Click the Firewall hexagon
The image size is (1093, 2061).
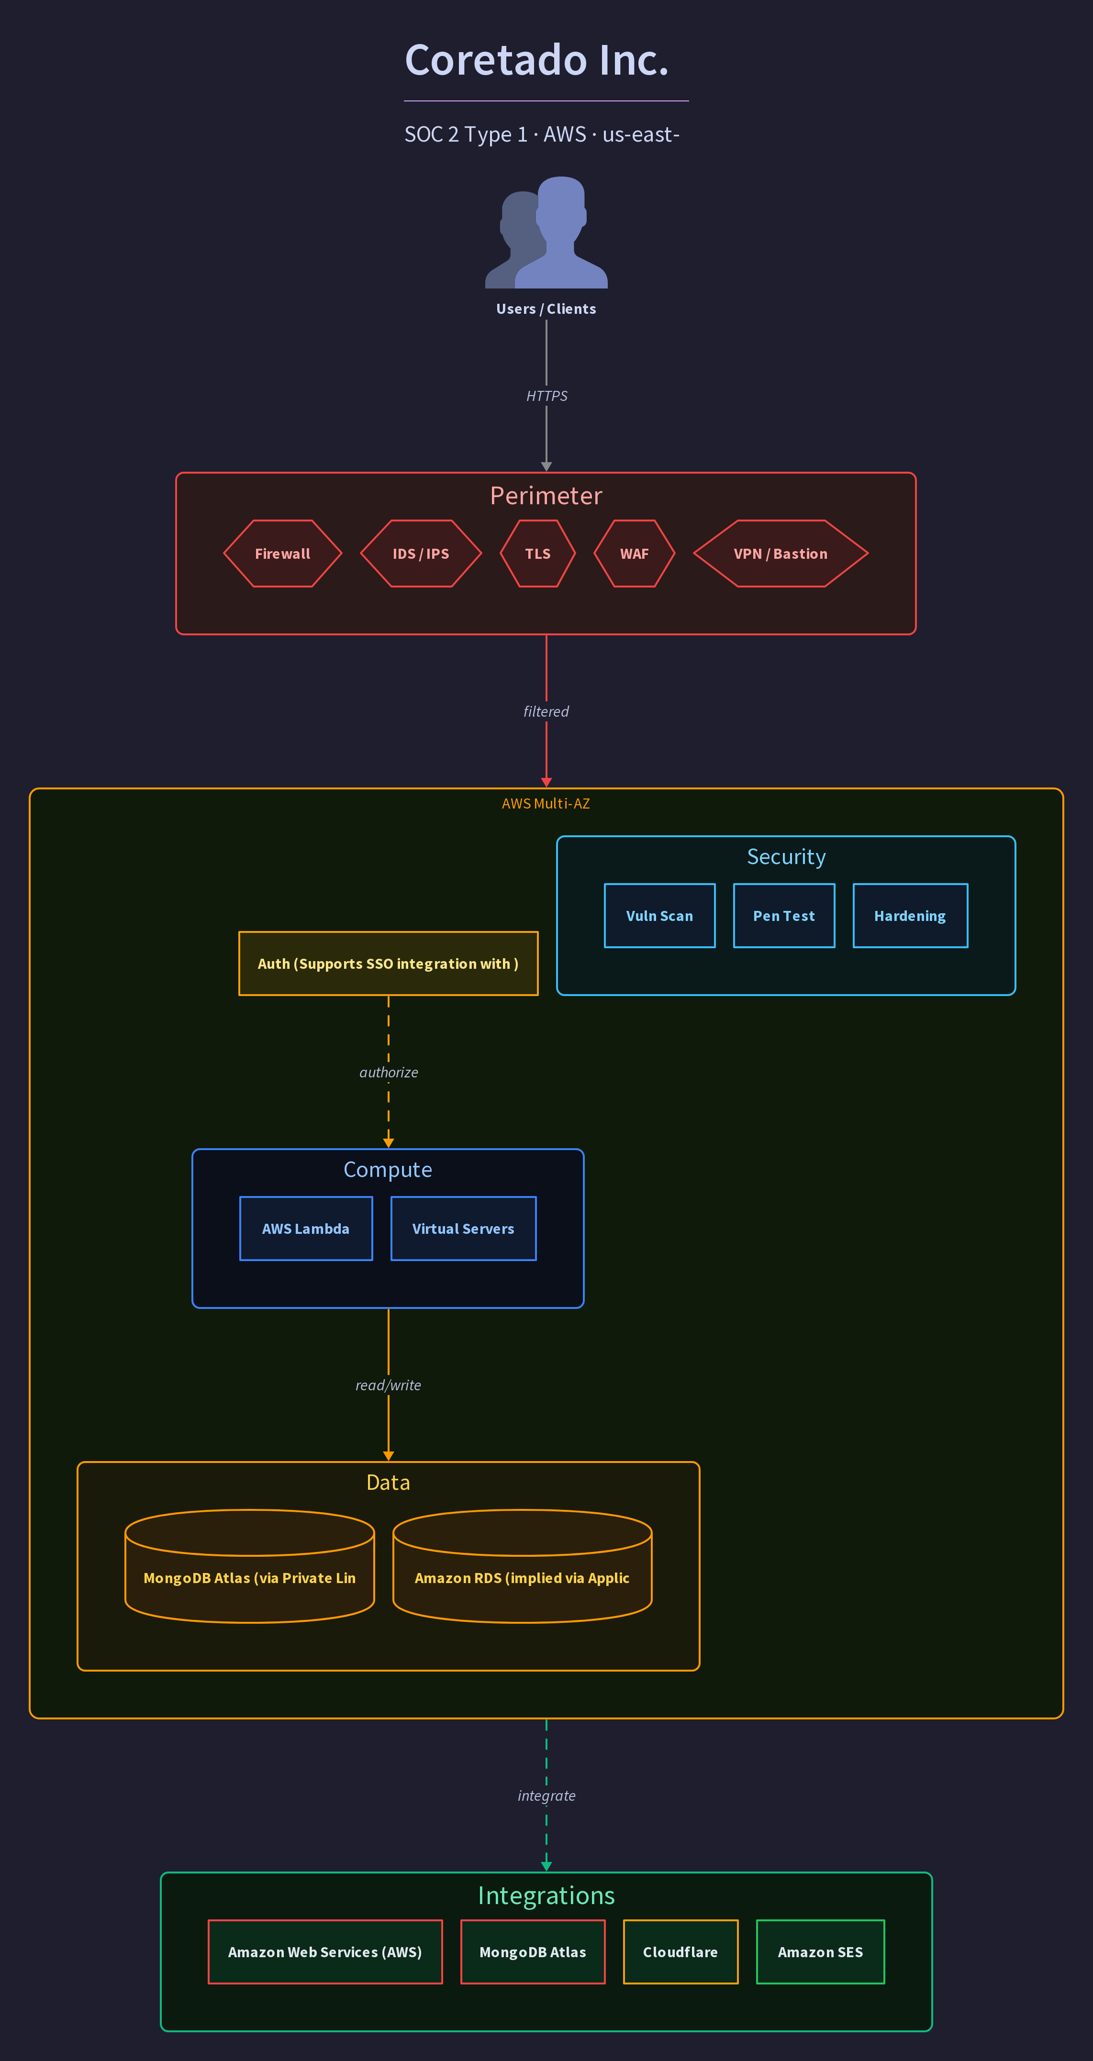(282, 554)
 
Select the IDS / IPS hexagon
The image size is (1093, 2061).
(421, 554)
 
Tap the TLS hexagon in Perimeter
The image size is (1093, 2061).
(538, 554)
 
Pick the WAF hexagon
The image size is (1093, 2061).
(635, 554)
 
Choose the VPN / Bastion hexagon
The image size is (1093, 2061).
(781, 554)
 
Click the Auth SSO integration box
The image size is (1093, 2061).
(388, 964)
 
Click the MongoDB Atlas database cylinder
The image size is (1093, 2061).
(250, 1566)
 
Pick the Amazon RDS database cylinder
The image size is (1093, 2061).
(523, 1566)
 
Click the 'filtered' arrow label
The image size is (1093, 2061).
(546, 711)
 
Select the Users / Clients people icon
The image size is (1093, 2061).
(546, 232)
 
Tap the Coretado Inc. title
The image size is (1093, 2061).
(537, 60)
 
